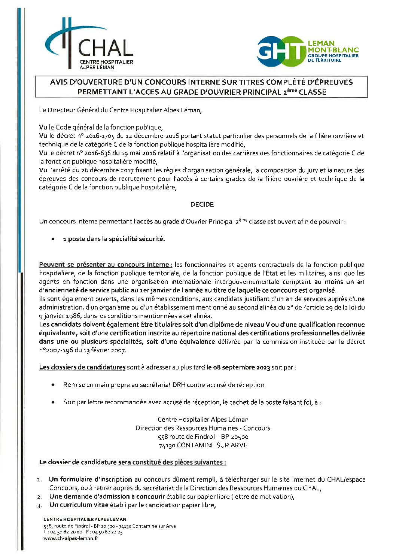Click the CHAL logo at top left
[89, 45]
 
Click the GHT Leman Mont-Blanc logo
[307, 52]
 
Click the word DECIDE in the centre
[202, 204]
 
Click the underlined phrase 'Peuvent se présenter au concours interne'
[106, 265]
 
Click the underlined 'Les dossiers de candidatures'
[82, 367]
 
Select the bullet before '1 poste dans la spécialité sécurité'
[54, 239]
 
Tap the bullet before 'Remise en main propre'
[54, 384]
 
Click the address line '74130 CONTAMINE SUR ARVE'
[203, 445]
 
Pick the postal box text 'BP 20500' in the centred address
[235, 436]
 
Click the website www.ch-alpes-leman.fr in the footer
[71, 539]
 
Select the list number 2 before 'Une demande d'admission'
[39, 497]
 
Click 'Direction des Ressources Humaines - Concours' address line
[203, 428]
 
